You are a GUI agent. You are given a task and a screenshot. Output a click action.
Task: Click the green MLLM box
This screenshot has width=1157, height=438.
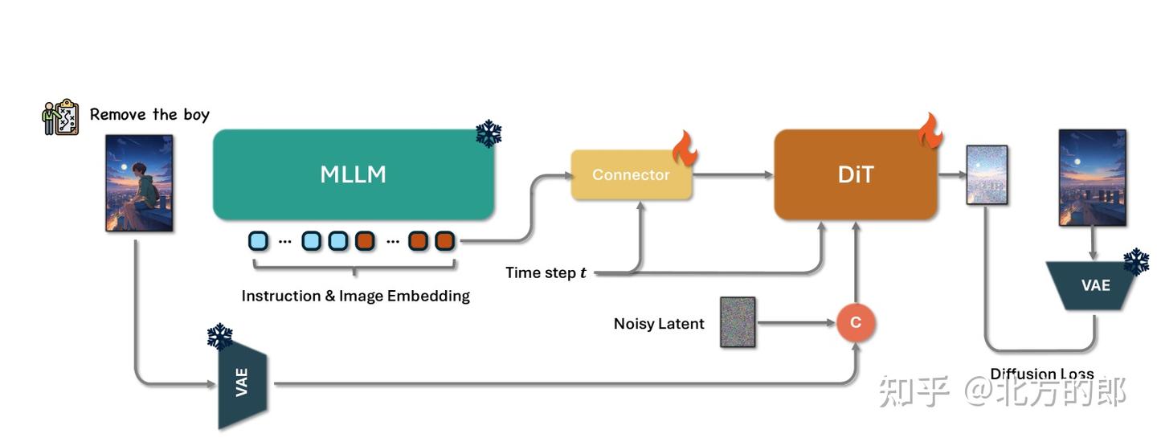coord(354,174)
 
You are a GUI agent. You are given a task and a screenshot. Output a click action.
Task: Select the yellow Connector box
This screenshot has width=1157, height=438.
coord(631,174)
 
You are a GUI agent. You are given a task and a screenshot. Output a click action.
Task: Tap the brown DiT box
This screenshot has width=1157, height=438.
coord(856,174)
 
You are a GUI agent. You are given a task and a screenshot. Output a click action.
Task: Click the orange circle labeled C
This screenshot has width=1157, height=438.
coord(856,323)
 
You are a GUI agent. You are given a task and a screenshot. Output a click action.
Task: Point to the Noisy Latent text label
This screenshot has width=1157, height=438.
coord(659,324)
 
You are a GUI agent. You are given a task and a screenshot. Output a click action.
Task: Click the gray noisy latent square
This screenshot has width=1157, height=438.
coord(738,322)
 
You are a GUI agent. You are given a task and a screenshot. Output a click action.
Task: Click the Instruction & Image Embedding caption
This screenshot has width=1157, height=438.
coord(356,296)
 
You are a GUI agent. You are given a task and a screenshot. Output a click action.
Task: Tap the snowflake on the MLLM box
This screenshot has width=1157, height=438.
coord(488,133)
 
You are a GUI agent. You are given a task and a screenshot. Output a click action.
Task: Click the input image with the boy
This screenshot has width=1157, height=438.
coord(139,183)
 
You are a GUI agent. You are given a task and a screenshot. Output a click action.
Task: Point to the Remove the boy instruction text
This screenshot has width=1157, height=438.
coord(149,114)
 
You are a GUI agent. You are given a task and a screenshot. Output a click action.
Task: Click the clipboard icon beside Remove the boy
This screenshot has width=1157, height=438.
coord(60,117)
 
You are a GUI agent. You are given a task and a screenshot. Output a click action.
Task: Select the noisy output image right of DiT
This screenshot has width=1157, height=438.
coord(987,174)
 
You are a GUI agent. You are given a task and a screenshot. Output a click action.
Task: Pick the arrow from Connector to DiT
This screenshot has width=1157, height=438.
coord(731,174)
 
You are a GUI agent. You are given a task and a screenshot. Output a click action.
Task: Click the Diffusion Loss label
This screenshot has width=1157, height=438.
coord(1041,374)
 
